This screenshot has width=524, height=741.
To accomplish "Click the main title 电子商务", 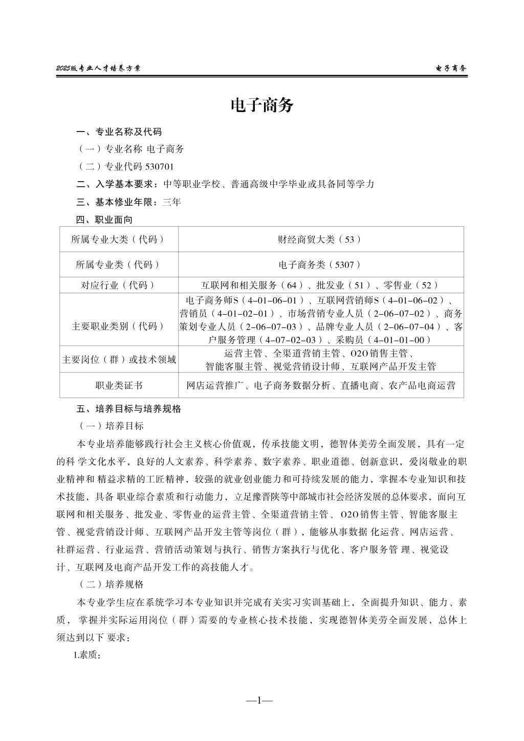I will [x=262, y=106].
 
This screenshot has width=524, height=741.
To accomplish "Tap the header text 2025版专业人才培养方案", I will [x=98, y=68].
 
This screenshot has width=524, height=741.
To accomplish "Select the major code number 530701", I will [x=160, y=166].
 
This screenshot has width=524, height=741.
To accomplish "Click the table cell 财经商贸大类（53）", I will [x=320, y=239].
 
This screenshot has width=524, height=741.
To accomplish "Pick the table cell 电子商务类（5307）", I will [x=320, y=265].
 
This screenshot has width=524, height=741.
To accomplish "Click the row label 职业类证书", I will [x=119, y=385].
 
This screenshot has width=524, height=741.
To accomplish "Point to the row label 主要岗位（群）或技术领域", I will [x=119, y=360].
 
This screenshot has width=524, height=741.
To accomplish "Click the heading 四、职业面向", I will [x=104, y=220].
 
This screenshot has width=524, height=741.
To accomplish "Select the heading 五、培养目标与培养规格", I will [x=128, y=409].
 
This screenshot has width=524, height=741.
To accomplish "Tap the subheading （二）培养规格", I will [x=111, y=584].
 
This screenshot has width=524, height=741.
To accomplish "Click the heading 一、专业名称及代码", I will [x=119, y=132].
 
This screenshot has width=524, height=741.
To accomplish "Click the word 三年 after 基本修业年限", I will [x=171, y=202].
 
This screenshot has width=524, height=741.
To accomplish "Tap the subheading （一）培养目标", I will [x=111, y=426].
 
